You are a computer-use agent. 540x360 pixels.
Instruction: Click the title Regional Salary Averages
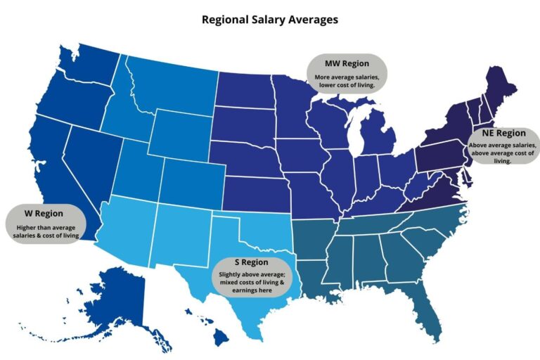pos(269,20)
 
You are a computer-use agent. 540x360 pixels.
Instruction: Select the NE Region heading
pos(503,133)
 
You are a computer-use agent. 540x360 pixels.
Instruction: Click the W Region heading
pos(44,213)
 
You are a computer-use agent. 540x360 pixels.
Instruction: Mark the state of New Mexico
pos(180,232)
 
